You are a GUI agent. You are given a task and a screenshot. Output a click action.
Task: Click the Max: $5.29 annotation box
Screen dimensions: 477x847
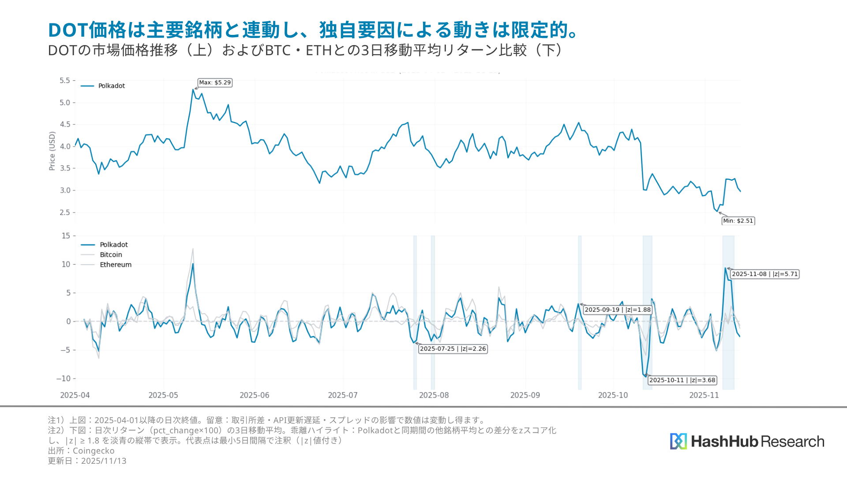215,83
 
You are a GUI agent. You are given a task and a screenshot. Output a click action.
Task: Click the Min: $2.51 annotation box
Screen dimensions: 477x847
738,221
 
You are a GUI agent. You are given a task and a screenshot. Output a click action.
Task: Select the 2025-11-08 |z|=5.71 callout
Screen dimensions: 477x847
765,274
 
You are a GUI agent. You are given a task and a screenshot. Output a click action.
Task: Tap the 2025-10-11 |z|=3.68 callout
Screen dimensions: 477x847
682,380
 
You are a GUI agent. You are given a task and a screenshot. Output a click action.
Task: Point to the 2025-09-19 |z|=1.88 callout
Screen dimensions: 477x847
618,310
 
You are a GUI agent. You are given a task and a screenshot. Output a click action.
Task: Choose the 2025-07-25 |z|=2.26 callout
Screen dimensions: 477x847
453,349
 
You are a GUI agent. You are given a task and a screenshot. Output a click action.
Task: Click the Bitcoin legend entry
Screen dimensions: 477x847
111,255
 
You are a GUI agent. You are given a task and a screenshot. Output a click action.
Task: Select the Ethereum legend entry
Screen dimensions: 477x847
115,265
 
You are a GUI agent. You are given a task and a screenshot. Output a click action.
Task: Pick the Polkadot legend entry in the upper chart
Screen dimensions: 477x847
111,86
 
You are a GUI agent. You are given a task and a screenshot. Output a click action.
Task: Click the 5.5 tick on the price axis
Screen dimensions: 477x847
65,80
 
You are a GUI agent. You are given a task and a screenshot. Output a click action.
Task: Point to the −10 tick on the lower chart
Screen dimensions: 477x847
64,379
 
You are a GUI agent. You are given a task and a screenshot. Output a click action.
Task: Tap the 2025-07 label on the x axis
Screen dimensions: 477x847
343,395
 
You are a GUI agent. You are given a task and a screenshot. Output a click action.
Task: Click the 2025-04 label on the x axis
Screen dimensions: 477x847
75,395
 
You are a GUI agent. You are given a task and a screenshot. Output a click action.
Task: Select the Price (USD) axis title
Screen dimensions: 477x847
52,151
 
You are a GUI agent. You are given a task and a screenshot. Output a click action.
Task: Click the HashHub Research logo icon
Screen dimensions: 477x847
678,441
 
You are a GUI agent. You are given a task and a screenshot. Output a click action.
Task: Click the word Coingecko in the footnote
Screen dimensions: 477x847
94,451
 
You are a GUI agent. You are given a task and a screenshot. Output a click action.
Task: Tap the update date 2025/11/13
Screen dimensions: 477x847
104,461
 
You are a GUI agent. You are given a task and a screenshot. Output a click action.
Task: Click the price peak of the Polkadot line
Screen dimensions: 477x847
193,89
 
